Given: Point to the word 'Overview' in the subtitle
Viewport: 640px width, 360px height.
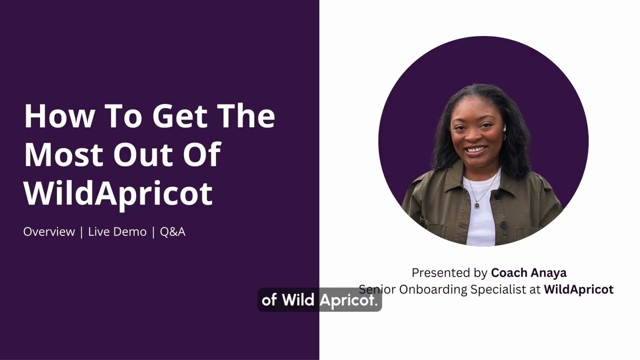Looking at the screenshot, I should click(49, 232).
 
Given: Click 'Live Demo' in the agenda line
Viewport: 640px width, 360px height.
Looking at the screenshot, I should click(117, 232).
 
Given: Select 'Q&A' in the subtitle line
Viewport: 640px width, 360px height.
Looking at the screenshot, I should click(172, 232).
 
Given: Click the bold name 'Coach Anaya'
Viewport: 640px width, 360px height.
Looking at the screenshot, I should click(528, 273).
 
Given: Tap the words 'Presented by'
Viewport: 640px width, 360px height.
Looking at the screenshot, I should click(449, 273).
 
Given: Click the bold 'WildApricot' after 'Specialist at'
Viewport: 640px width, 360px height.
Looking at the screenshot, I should click(578, 289).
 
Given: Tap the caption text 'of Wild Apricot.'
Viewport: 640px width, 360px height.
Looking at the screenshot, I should click(319, 300).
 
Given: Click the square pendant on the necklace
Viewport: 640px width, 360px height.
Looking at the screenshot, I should click(477, 205).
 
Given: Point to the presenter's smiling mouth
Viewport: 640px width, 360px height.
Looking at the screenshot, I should click(475, 149).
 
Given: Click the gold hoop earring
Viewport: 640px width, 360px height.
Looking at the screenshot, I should click(503, 137).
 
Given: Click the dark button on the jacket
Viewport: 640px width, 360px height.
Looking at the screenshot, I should click(504, 225).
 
